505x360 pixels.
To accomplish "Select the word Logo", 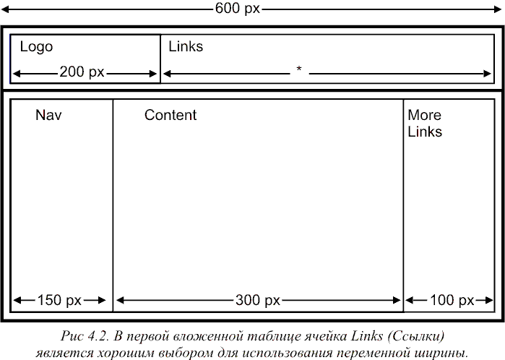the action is pyautogui.click(x=36, y=47).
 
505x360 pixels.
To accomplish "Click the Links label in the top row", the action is pyautogui.click(x=186, y=46).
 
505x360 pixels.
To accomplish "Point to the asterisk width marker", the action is pyautogui.click(x=299, y=69).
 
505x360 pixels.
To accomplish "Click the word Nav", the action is pyautogui.click(x=48, y=115).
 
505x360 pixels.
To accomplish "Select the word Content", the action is pyautogui.click(x=171, y=115).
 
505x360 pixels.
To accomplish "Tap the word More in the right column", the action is pyautogui.click(x=425, y=115).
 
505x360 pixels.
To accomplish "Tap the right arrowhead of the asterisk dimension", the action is pyautogui.click(x=488, y=74).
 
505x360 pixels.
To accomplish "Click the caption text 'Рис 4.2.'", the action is pyautogui.click(x=85, y=336).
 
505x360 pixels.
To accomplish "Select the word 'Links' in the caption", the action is pyautogui.click(x=366, y=336).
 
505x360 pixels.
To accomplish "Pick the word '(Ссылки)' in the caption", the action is pyautogui.click(x=416, y=337).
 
